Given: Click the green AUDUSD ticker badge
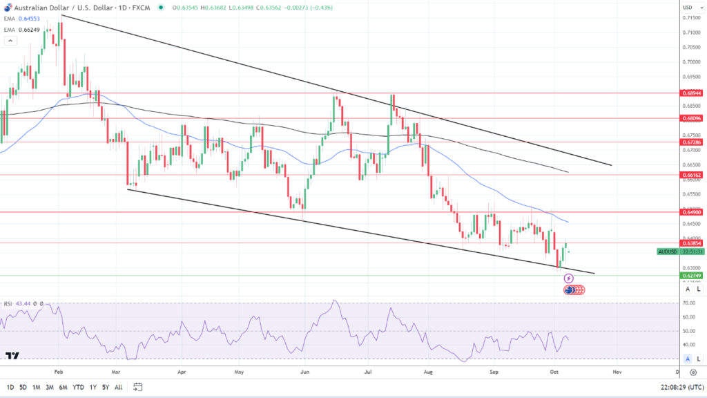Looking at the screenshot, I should pos(668,252).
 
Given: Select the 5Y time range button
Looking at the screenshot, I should pos(106,387).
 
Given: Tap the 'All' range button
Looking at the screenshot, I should pos(119,387).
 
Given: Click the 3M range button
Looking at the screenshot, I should pos(49,387).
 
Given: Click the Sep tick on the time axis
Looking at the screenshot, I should pos(494,371).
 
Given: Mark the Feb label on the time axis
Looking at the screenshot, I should pos(59,371).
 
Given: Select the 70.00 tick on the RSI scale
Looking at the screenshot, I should pos(688,303).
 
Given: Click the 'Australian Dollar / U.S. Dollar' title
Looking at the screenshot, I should pos(52,8).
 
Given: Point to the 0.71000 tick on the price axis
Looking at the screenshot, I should pos(690,33).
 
